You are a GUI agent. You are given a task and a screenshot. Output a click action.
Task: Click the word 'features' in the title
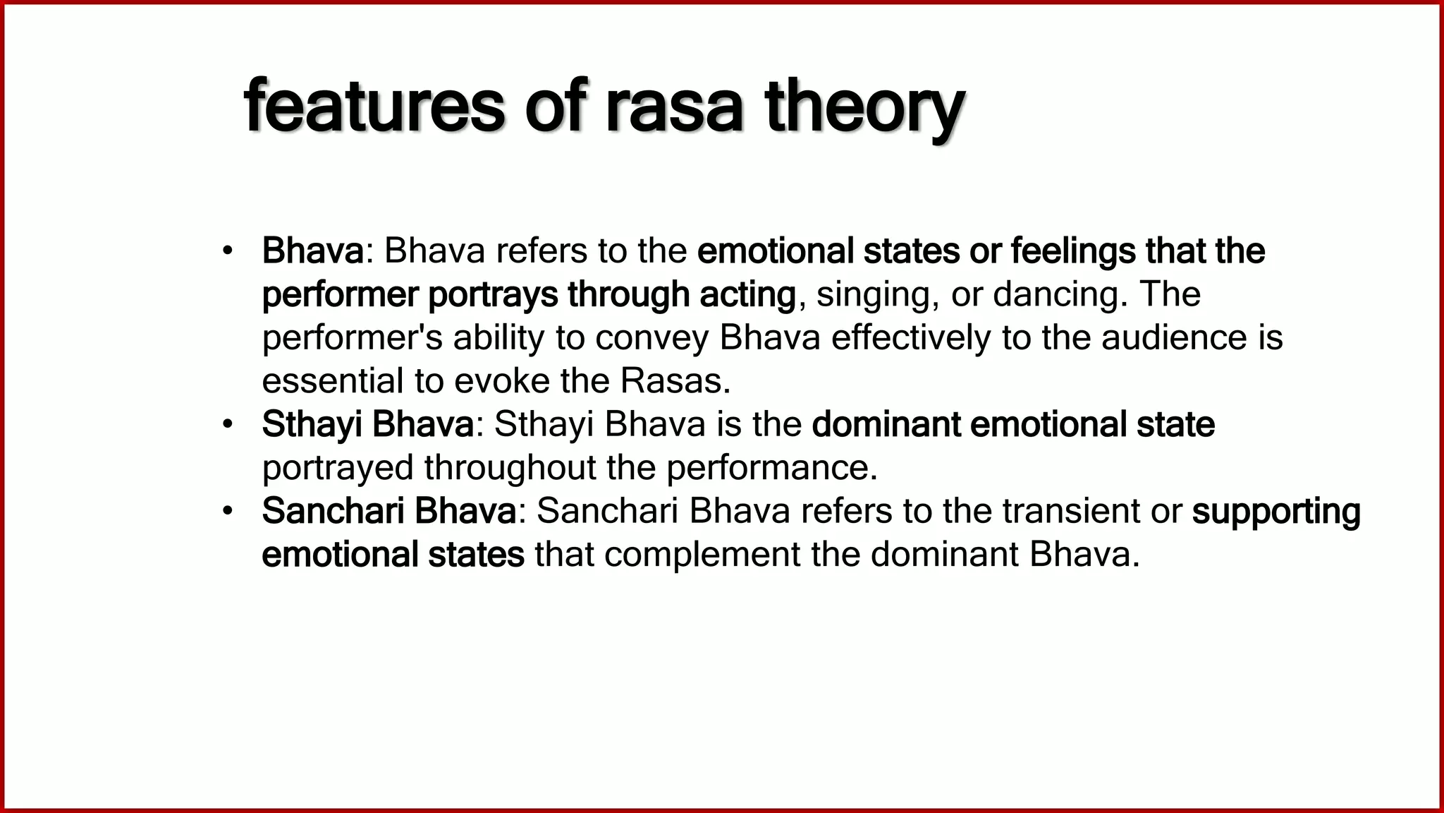click(x=374, y=107)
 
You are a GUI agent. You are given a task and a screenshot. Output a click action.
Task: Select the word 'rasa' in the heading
click(x=674, y=107)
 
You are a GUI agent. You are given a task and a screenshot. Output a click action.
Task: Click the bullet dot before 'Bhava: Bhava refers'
click(x=226, y=251)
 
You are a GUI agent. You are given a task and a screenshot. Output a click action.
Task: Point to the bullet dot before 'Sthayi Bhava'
click(x=226, y=425)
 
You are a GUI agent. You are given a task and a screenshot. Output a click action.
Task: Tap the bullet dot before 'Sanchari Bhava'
click(x=226, y=512)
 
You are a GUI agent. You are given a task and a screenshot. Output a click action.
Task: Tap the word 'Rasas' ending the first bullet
click(x=674, y=382)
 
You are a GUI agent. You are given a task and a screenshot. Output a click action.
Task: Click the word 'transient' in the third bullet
click(x=1071, y=512)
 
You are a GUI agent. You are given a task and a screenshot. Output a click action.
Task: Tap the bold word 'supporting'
click(x=1275, y=512)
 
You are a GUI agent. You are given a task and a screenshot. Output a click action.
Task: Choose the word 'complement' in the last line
click(x=702, y=555)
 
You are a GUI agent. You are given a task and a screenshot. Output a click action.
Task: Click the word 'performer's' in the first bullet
click(x=352, y=338)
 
